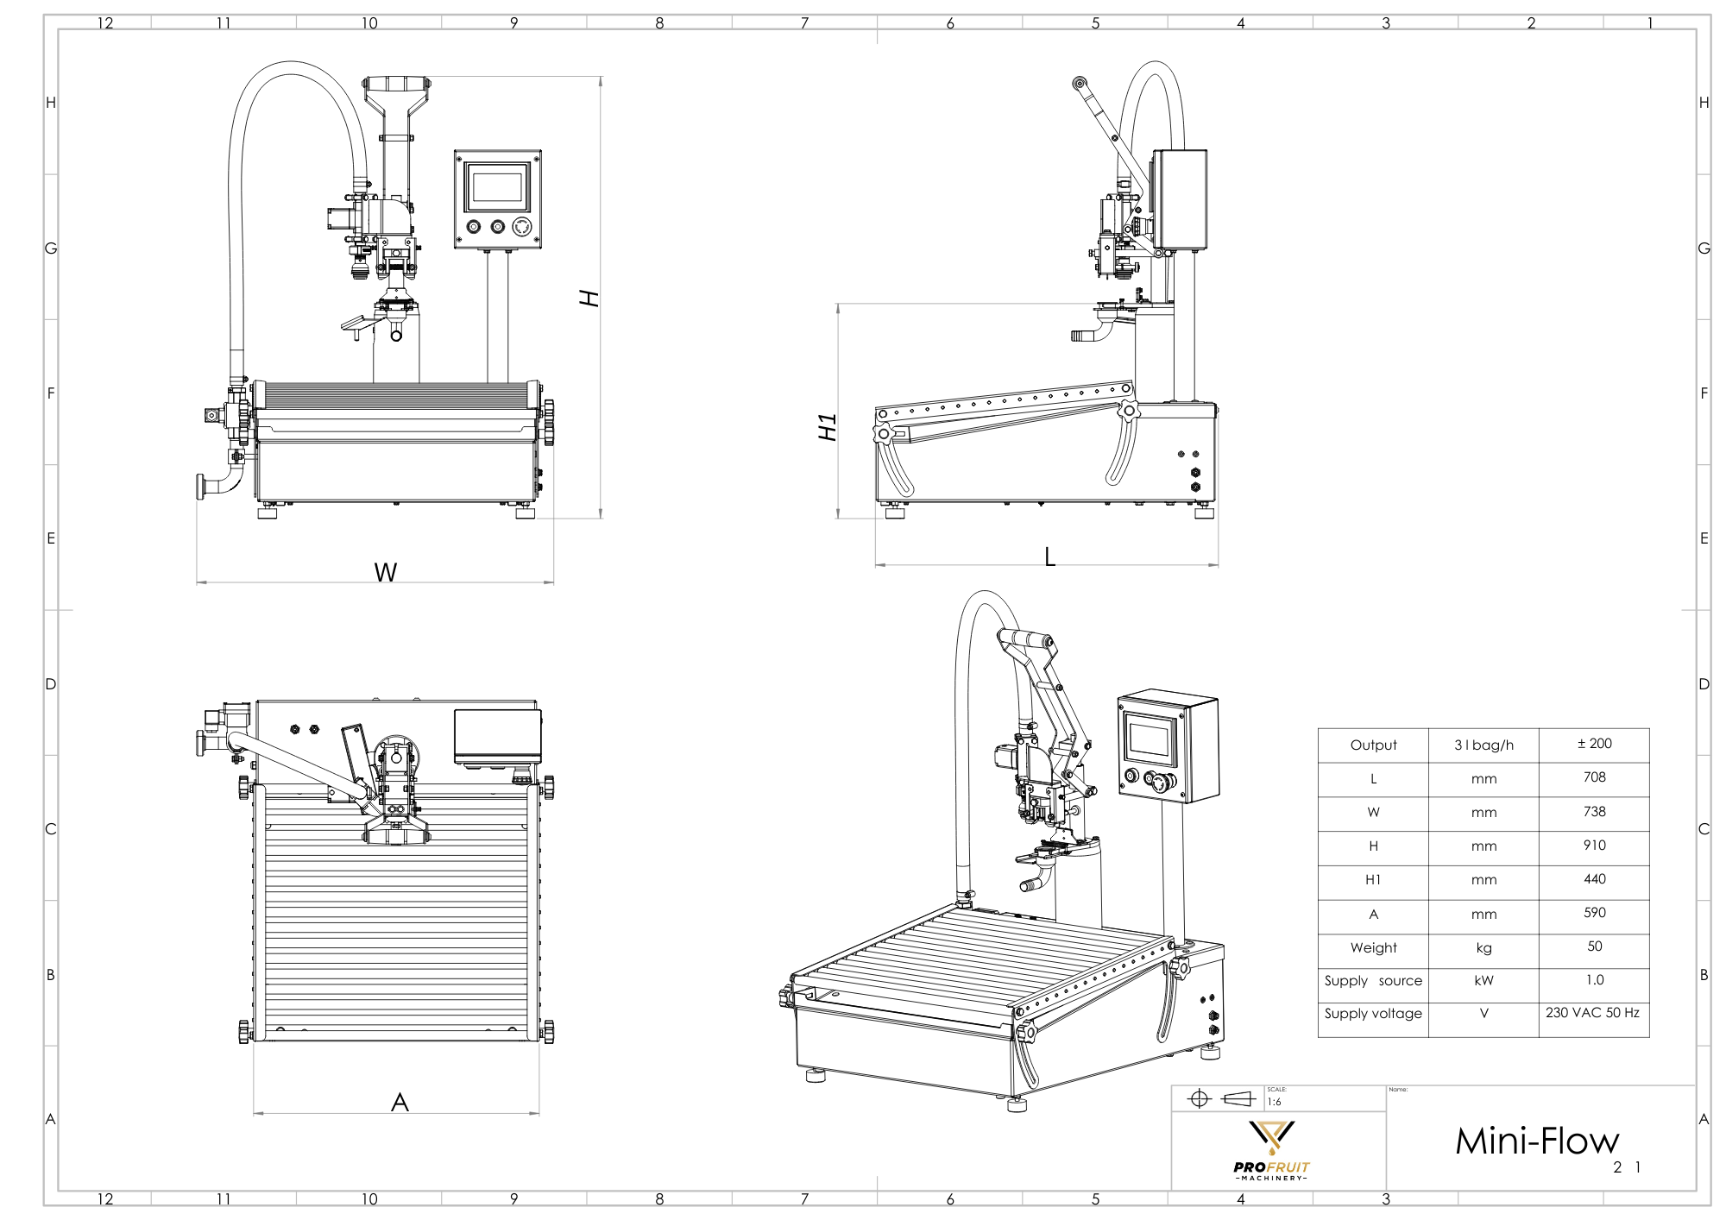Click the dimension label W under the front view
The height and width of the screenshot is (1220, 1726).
coord(385,573)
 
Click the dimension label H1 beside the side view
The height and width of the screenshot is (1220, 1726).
coord(828,427)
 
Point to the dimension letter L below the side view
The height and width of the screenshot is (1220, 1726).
coord(1049,557)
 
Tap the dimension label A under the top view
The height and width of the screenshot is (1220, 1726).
coord(400,1103)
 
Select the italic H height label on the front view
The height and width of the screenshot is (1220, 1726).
coord(589,299)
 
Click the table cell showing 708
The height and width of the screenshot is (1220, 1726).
coord(1594,777)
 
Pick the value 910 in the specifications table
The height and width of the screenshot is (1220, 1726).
coord(1594,846)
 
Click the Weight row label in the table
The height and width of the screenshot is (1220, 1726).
coord(1373,947)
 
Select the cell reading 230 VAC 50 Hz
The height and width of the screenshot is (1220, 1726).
coord(1592,1013)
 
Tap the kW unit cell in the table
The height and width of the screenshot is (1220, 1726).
coord(1483,981)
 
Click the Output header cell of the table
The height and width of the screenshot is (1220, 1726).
coord(1373,745)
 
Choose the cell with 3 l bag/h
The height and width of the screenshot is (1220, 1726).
coord(1483,745)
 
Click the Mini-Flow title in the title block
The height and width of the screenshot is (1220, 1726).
coord(1537,1141)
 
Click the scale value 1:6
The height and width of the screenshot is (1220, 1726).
coord(1275,1103)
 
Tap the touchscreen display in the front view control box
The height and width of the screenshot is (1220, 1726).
coord(497,187)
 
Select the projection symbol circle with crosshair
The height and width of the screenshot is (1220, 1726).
coord(1199,1098)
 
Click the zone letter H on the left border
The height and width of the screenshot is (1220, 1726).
coord(51,103)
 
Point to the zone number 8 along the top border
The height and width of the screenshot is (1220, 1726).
coord(659,23)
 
